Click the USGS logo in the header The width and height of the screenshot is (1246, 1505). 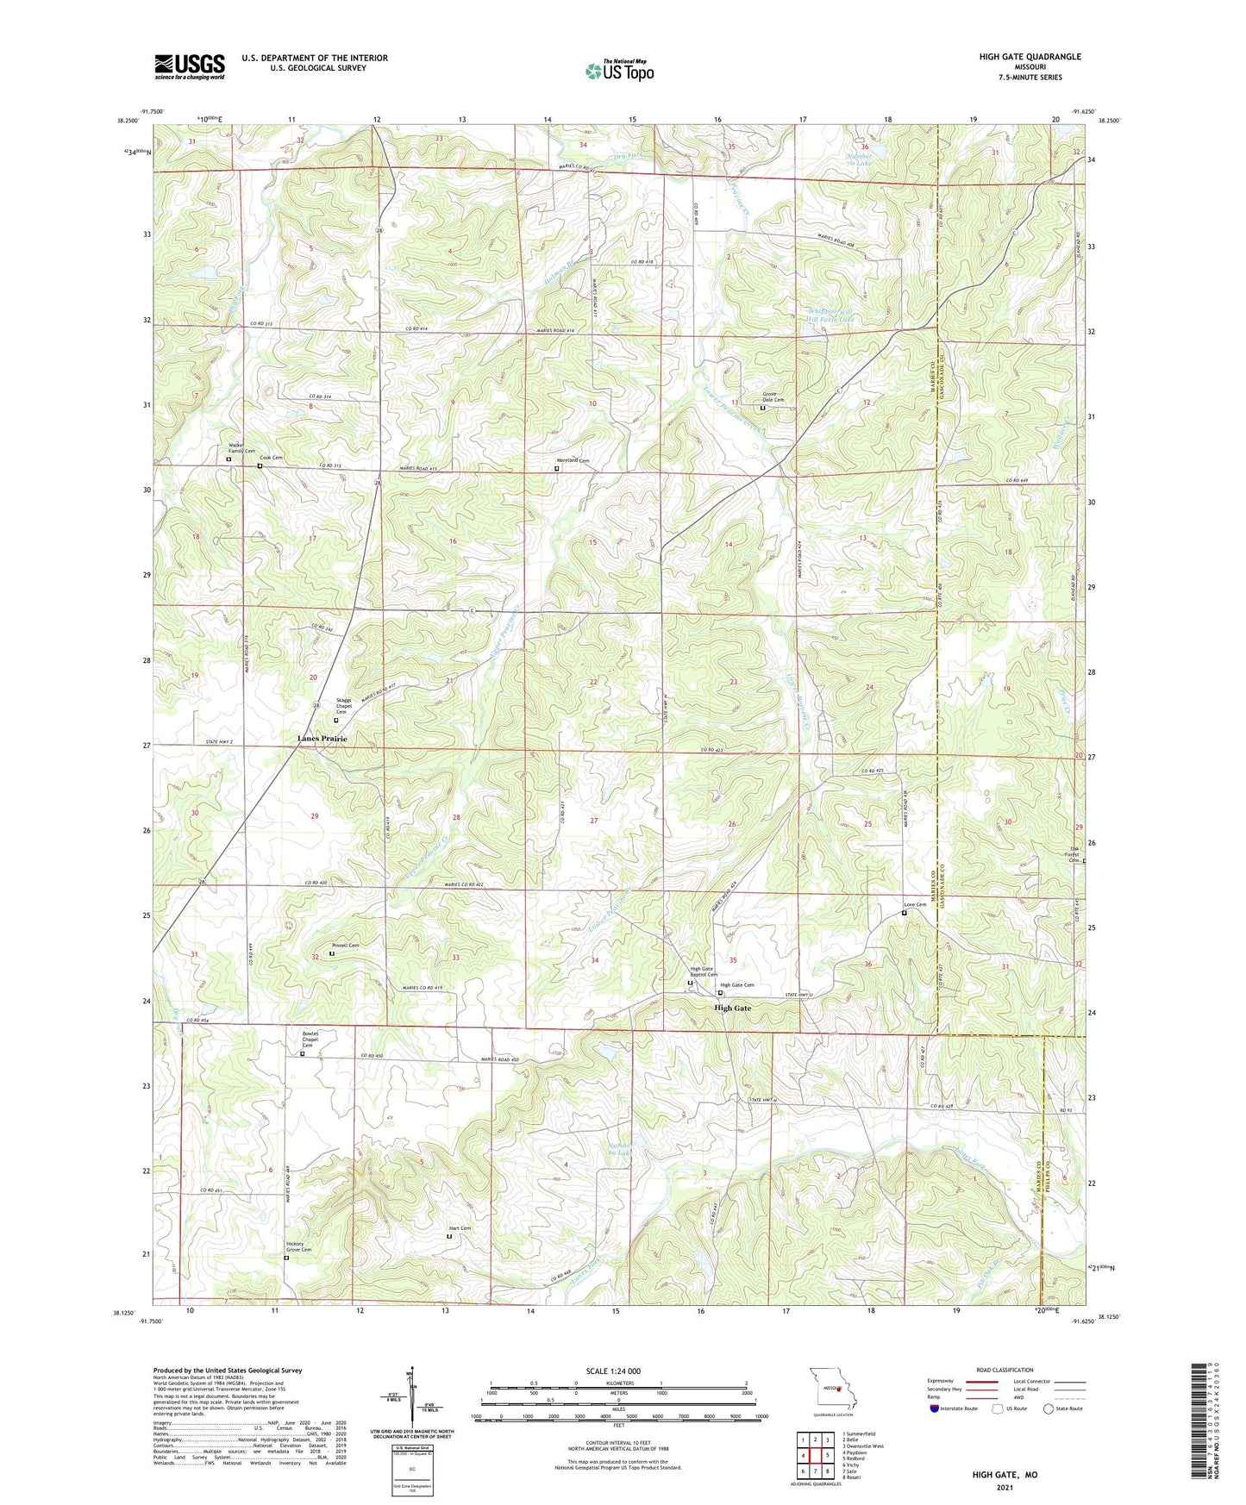point(190,66)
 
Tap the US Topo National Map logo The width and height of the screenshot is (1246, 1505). point(619,70)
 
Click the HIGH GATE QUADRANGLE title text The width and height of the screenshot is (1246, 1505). point(1030,57)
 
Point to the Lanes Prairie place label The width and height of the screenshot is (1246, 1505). point(322,739)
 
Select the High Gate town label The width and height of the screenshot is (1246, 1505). point(732,1008)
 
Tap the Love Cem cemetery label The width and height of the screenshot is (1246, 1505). point(914,905)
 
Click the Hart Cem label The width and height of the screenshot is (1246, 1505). point(460,1228)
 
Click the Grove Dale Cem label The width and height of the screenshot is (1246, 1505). point(773,397)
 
